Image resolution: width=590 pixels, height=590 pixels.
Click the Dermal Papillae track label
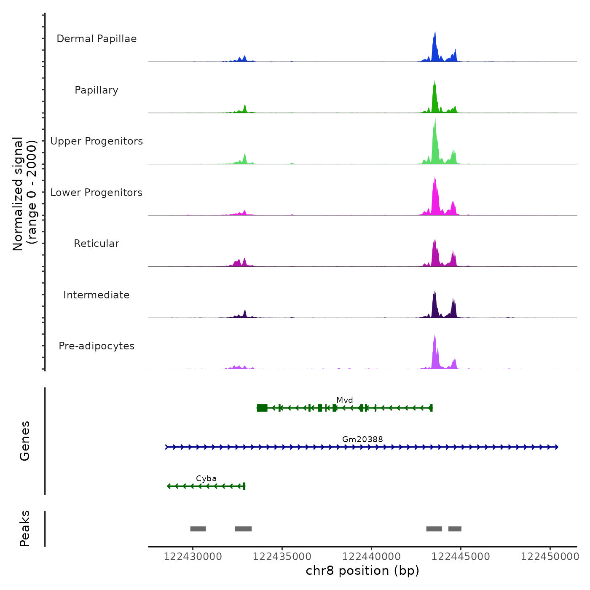coord(97,39)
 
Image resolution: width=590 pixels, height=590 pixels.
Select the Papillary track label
coord(97,90)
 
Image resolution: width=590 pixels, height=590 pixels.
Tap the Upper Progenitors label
coord(97,141)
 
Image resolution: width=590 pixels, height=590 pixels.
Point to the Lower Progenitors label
coord(97,193)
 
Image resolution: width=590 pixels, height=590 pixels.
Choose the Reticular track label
coord(97,244)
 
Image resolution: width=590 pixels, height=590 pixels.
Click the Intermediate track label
coord(97,295)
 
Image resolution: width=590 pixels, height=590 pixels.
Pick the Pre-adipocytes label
coord(97,346)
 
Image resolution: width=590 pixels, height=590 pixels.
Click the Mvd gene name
coord(345,400)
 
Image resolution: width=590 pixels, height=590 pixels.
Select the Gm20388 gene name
coord(362,439)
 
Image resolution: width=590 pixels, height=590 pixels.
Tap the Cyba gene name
coord(206,478)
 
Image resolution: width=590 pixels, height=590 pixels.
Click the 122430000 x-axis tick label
coord(193,557)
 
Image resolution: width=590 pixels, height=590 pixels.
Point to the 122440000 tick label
coord(371,557)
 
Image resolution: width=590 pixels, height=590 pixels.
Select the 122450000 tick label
coord(550,557)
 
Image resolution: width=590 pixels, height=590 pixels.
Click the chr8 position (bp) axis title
coord(362,571)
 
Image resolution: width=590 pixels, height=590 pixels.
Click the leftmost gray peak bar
coord(198,529)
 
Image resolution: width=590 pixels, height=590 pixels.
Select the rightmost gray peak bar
coord(455,529)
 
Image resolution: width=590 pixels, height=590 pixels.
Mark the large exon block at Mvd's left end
coord(262,408)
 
